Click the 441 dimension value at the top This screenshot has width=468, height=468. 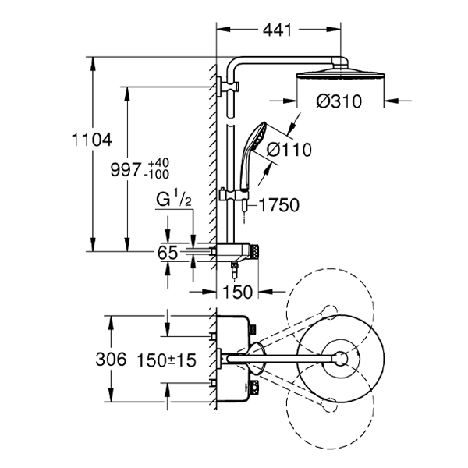pos(277,30)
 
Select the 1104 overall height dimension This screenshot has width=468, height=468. pos(92,140)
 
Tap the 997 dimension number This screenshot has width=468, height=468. pos(126,169)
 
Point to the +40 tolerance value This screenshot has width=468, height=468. pos(159,163)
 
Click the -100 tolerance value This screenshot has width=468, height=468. pos(157,174)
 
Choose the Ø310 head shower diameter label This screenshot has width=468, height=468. pos(339,101)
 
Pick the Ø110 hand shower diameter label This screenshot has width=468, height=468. pos(289,149)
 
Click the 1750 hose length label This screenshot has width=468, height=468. pos(279,205)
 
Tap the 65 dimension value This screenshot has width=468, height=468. pos(168,253)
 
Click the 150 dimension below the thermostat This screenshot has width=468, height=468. pos(238,292)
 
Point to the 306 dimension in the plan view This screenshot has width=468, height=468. pos(111,359)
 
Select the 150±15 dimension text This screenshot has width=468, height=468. pos(167,360)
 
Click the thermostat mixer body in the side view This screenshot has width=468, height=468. pos(236,252)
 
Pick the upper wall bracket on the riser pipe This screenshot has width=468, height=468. pos(228,87)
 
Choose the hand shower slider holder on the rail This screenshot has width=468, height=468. pos(235,196)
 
